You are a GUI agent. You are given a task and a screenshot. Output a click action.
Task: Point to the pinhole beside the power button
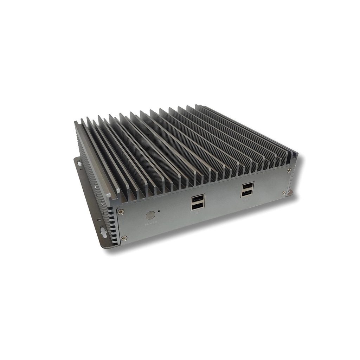tap(159, 211)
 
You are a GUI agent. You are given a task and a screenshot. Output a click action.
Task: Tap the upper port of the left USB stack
tap(198, 199)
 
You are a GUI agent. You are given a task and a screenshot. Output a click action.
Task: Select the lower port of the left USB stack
tap(198, 206)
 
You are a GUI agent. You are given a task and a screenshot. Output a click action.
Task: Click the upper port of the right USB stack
tap(247, 186)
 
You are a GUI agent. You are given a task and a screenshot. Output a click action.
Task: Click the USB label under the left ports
tap(198, 213)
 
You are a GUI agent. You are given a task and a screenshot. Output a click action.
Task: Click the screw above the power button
tap(121, 212)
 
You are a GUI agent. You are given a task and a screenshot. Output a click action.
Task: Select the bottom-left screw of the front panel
tap(123, 238)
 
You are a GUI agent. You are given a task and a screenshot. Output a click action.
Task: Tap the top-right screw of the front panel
tap(289, 171)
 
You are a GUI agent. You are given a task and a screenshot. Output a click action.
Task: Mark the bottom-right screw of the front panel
tap(284, 192)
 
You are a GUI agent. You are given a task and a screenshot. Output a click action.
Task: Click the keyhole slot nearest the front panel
tap(104, 233)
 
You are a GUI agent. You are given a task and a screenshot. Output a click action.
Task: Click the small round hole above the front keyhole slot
tap(99, 220)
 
